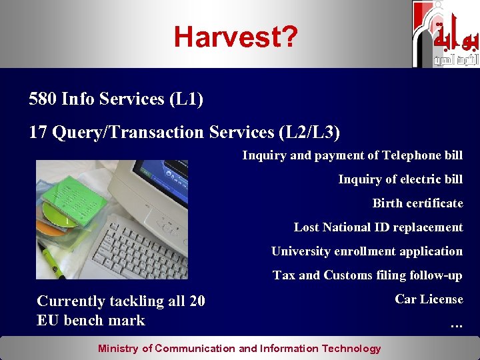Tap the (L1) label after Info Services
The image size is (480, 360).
(x=186, y=99)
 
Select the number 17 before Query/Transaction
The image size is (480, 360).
(x=37, y=133)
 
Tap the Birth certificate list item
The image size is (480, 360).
(x=417, y=203)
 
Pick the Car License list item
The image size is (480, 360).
(x=429, y=299)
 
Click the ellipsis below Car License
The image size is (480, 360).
(x=456, y=325)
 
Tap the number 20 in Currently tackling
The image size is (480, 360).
(x=197, y=301)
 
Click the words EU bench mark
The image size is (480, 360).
(x=91, y=321)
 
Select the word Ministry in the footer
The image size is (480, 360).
(x=119, y=349)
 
